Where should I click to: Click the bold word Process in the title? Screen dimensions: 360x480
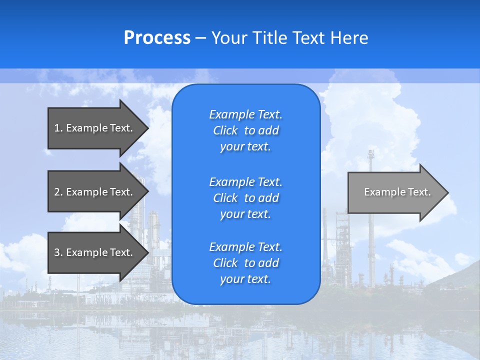(157, 38)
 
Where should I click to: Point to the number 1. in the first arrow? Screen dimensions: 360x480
(58, 128)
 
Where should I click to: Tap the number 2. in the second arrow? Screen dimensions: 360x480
(58, 192)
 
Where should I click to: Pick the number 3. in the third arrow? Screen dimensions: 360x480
(58, 252)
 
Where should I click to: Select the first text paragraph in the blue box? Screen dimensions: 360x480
(245, 130)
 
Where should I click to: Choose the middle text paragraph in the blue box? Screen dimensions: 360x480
(245, 197)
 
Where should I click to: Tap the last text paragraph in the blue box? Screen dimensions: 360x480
(245, 263)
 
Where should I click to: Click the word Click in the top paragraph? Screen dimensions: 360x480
(225, 130)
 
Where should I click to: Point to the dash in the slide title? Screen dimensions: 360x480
(201, 38)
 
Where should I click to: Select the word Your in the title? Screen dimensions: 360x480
(229, 38)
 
